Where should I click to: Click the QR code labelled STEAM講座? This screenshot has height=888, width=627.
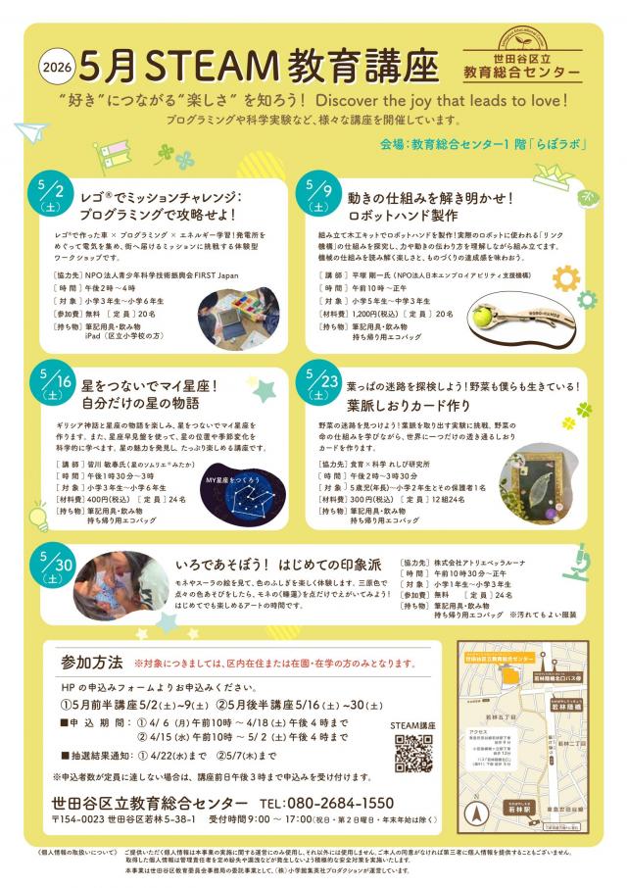click(x=413, y=754)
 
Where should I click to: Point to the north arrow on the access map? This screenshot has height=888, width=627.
click(x=479, y=812)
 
